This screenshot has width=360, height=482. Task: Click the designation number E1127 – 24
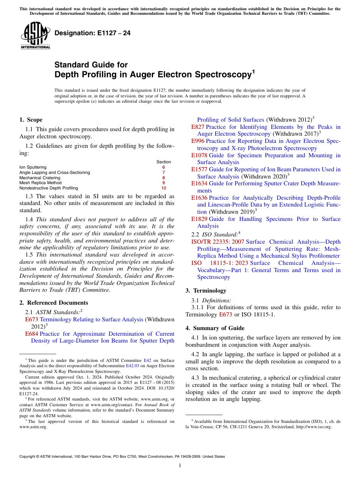pos(92,33)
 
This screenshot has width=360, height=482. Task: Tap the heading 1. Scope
pos(31,120)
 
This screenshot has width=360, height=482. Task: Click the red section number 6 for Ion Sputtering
pos(163,167)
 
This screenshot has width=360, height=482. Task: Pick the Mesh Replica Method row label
pos(40,183)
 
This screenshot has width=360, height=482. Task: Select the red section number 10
pos(163,188)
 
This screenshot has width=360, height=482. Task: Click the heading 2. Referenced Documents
pos(54,303)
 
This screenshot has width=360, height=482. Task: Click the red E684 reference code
pos(31,334)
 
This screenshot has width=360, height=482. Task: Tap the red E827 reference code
pos(198,127)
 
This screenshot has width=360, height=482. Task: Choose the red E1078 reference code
pos(199,155)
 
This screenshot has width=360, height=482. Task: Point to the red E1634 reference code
pos(199,184)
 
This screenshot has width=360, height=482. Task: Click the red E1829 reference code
pos(199,219)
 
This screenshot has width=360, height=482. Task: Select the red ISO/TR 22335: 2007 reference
pos(218,242)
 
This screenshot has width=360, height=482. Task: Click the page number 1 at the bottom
pos(180,465)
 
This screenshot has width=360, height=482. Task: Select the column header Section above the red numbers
pos(163,162)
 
